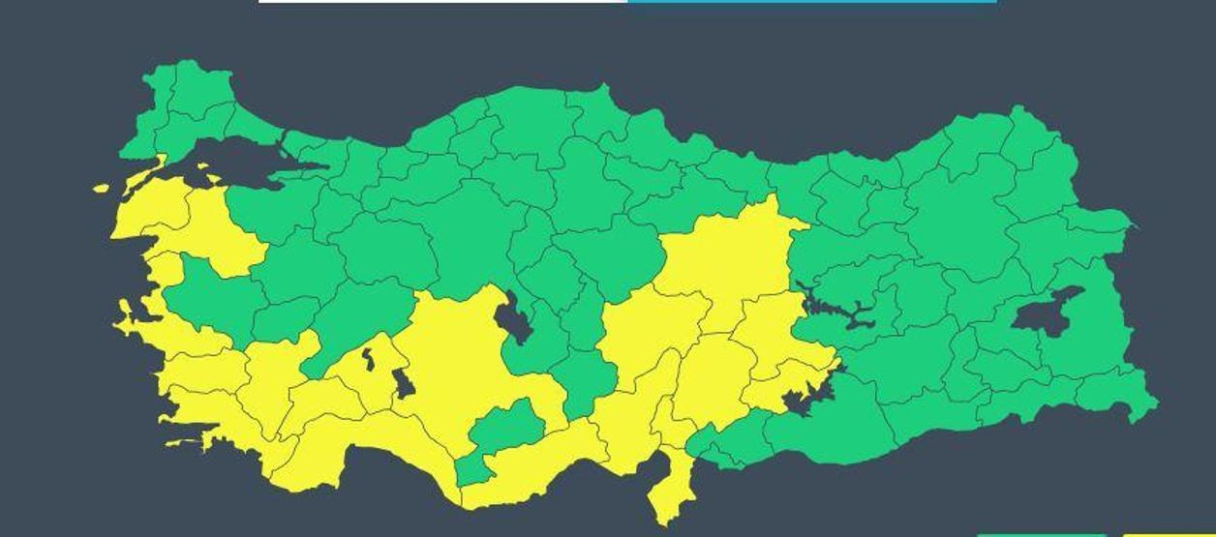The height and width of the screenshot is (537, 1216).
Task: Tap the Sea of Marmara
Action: [232, 161]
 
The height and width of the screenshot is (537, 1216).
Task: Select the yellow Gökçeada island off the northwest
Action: [102, 188]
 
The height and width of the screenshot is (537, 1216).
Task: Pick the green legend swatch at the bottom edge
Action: [1041, 534]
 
